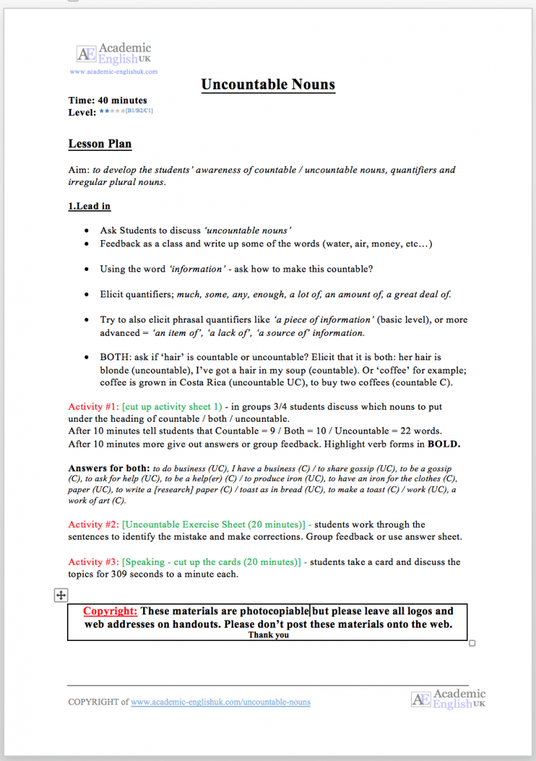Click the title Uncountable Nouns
(268, 85)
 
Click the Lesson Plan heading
(100, 145)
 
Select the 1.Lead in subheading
(89, 207)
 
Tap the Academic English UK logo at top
(114, 54)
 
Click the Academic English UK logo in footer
(448, 699)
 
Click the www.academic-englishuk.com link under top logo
(114, 71)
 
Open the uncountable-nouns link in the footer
(221, 702)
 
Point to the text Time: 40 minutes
(107, 101)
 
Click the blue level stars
(111, 111)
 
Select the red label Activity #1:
(94, 406)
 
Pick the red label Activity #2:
(94, 524)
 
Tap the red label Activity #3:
(94, 562)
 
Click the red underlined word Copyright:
(110, 612)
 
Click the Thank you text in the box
(268, 635)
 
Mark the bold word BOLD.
(444, 444)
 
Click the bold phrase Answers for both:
(109, 468)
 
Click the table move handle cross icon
(61, 595)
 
